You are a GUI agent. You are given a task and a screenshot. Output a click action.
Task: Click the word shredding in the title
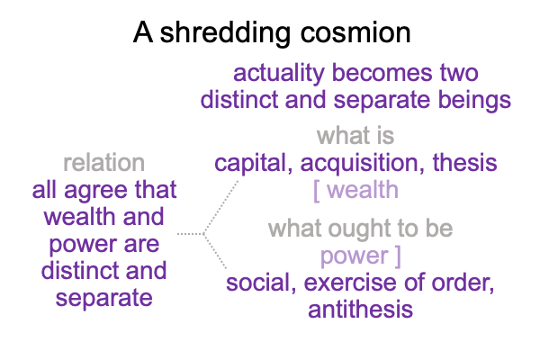pos(225,32)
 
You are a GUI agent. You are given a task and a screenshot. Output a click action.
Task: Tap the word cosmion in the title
pos(355,33)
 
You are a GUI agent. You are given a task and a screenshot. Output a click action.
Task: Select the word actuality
pos(279,74)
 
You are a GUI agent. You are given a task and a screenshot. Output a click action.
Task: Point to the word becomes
pos(382,73)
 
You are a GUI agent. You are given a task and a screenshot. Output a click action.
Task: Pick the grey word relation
pos(104,163)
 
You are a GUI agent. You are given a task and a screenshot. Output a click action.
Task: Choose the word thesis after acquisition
pos(465,163)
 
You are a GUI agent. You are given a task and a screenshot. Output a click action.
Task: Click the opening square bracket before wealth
pos(316,191)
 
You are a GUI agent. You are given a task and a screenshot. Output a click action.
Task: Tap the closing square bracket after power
pos(398,256)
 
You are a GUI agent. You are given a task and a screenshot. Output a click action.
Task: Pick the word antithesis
pos(361,310)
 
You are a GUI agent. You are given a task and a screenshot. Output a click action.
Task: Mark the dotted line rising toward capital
pos(220,207)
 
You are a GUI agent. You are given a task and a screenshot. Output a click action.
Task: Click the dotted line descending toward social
pos(215,251)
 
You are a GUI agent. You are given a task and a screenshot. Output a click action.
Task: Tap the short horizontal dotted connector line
pos(190,234)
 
